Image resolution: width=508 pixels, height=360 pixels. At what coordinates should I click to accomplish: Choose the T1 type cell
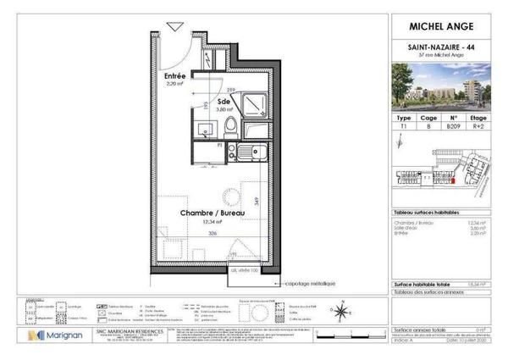pos(405,126)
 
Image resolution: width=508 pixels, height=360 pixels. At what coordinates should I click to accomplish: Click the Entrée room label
pos(174,76)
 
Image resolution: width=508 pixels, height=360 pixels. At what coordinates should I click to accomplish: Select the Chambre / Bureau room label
pos(207,213)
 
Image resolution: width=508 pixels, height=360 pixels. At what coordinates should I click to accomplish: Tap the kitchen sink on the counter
pos(251,153)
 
